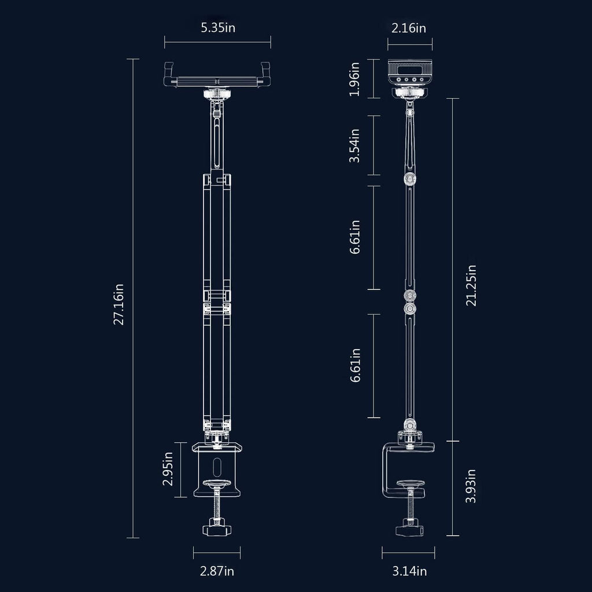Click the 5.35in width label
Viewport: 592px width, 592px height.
(x=218, y=28)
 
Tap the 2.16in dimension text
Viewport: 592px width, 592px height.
(x=409, y=28)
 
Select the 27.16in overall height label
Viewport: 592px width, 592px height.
(x=119, y=304)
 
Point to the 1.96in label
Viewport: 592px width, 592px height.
(x=354, y=79)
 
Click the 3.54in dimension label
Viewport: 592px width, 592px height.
(x=354, y=146)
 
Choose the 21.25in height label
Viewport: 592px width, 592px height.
(x=471, y=286)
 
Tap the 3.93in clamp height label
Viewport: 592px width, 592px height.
(x=471, y=486)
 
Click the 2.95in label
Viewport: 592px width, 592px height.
(x=168, y=468)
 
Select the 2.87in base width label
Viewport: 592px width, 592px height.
(x=217, y=571)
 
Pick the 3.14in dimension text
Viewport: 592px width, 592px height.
(x=409, y=571)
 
